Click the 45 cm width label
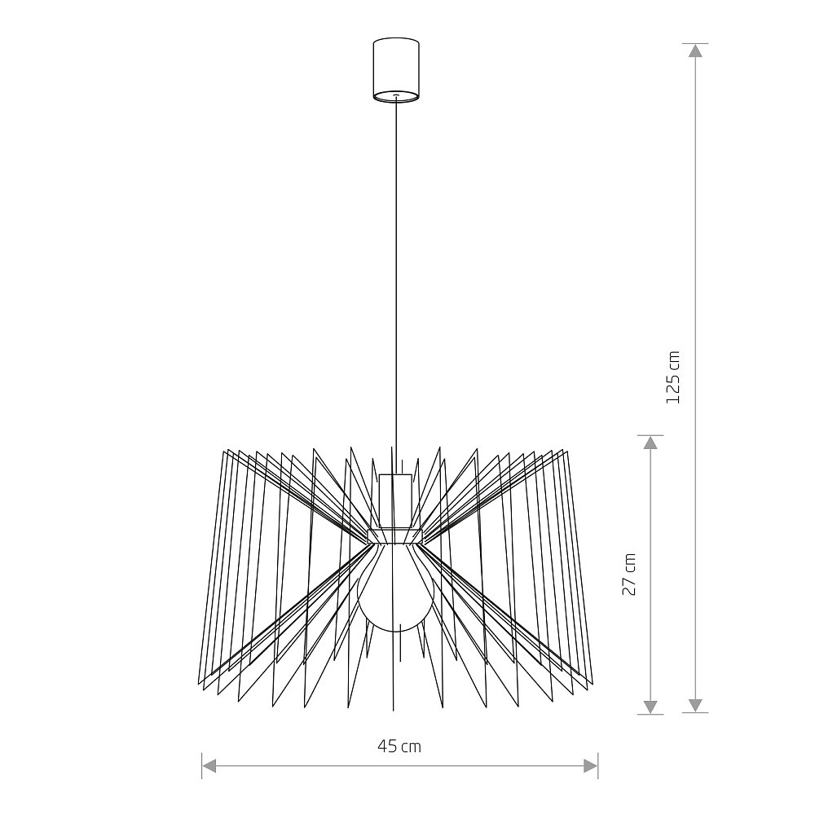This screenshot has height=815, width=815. pos(399,747)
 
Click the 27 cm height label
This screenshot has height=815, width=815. pos(629,575)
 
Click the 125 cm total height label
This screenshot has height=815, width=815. pos(672,377)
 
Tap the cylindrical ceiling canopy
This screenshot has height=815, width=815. pos(396,69)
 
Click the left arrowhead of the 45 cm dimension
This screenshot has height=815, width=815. pos(209,765)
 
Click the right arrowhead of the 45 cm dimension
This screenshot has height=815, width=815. pos(590,765)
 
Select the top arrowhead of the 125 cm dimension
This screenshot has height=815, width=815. pos(695,51)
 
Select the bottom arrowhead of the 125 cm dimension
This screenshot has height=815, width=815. pos(695,705)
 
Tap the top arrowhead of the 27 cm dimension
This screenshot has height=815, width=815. pos(650,443)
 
